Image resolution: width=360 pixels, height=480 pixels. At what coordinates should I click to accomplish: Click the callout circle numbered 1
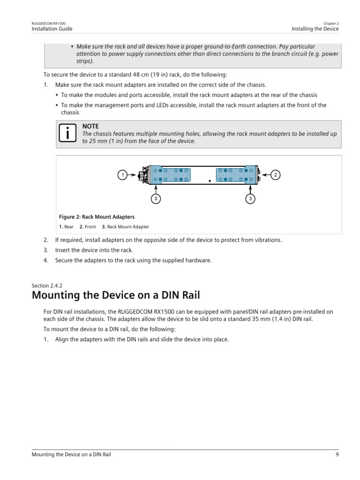pyautogui.click(x=122, y=175)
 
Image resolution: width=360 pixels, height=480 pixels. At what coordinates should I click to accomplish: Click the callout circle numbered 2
pyautogui.click(x=276, y=175)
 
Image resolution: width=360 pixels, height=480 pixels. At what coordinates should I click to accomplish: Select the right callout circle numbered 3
pyautogui.click(x=251, y=199)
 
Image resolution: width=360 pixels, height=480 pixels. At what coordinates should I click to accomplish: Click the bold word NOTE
pyautogui.click(x=90, y=127)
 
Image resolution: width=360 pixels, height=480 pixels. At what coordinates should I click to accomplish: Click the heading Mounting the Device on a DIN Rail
pyautogui.click(x=115, y=296)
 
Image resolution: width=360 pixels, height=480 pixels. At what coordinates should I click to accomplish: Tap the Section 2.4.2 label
pyautogui.click(x=47, y=285)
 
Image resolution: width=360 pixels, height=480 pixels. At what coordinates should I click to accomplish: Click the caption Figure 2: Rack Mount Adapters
pyautogui.click(x=97, y=217)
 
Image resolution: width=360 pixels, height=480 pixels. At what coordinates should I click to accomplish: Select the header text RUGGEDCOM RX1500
pyautogui.click(x=49, y=23)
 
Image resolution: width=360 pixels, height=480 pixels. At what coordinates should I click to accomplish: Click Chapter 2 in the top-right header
pyautogui.click(x=331, y=23)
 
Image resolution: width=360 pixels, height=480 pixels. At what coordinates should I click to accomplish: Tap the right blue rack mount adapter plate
pyautogui.click(x=236, y=174)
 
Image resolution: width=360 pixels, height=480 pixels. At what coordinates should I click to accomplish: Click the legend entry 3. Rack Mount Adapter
pyautogui.click(x=125, y=227)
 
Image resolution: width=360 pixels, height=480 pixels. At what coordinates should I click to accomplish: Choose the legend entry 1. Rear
pyautogui.click(x=66, y=227)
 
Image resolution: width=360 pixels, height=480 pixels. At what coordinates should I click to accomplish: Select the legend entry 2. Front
pyautogui.click(x=88, y=227)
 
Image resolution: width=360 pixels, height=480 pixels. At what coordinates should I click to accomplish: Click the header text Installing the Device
pyautogui.click(x=315, y=29)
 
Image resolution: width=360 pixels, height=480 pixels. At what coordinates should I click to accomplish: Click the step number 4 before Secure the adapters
pyautogui.click(x=46, y=261)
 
